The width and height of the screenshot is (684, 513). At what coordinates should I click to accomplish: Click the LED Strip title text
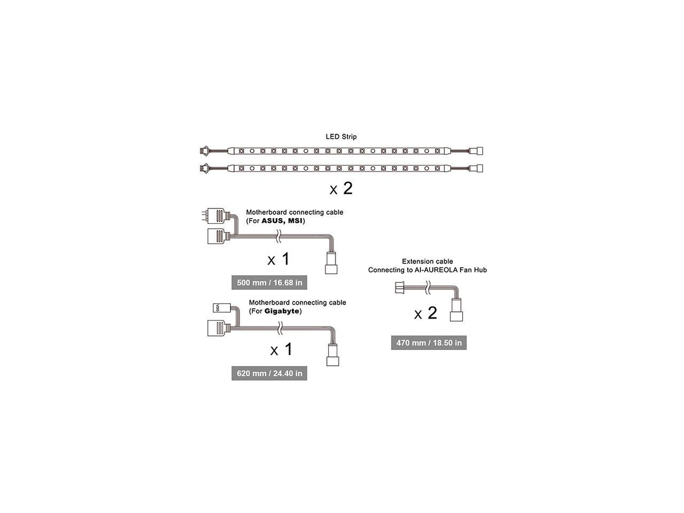341,137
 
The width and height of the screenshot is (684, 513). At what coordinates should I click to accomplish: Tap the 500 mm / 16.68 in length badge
269,282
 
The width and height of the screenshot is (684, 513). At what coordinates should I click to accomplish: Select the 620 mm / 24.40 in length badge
269,373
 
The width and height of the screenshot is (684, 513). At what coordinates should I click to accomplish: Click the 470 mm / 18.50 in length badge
429,343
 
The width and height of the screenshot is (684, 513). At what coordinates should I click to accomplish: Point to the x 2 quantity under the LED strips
341,189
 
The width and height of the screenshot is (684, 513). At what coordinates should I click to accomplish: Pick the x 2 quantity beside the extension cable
426,313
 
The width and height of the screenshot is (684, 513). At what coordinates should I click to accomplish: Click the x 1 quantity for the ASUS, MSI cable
278,259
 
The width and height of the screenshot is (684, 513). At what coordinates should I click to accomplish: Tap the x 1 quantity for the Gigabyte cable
282,349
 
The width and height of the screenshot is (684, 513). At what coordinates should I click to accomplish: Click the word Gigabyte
282,311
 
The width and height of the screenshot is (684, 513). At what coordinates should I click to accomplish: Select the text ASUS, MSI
281,221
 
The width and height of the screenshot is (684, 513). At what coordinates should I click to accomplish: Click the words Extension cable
428,261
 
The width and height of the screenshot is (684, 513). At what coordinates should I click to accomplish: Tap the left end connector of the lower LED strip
204,168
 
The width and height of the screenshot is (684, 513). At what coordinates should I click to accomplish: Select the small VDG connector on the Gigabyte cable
220,307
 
